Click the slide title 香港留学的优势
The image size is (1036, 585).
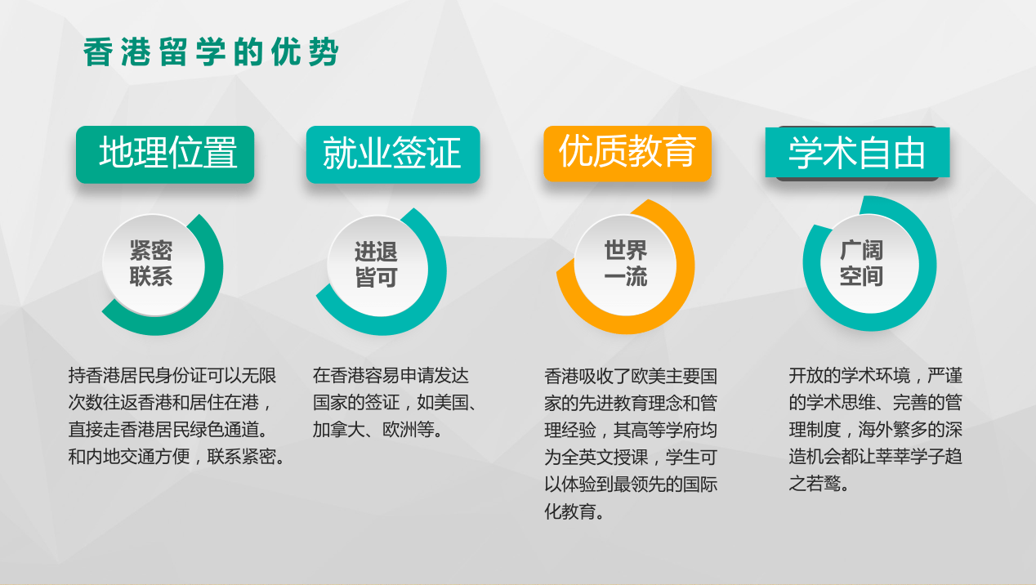[x=211, y=53]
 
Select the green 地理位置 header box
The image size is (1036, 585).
[x=165, y=154]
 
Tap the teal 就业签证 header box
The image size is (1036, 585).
[x=392, y=154]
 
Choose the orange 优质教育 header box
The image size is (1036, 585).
[x=627, y=152]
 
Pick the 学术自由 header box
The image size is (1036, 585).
[x=857, y=153]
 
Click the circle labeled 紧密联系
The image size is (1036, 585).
[x=151, y=264]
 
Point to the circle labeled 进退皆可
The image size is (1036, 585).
[x=376, y=265]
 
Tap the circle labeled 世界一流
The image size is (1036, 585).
[x=625, y=264]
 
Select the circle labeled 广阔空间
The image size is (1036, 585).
[x=862, y=264]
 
